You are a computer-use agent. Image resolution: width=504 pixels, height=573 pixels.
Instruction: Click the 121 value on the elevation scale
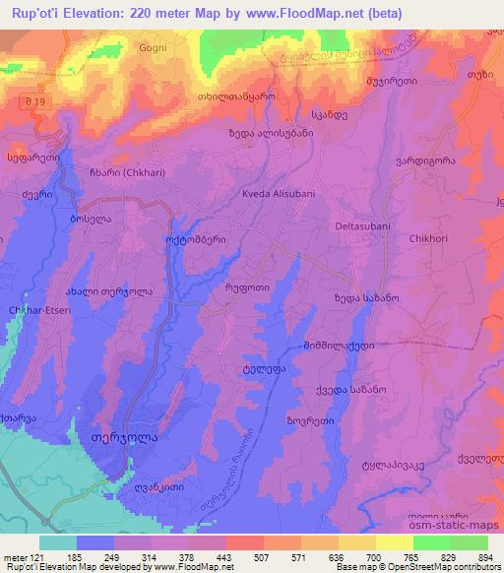pos(49,557)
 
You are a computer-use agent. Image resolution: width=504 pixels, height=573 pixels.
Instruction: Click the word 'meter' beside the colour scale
pos(17,557)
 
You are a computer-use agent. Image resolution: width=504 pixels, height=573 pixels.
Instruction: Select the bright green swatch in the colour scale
pos(431,542)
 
